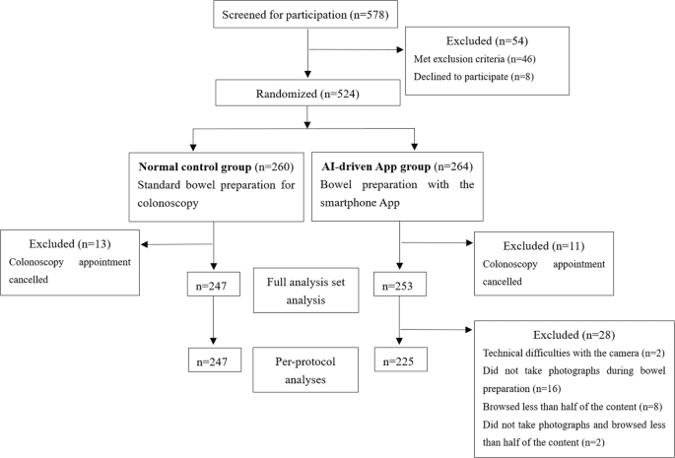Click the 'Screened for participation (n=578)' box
coord(309,15)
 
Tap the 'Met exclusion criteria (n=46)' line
coord(474,58)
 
